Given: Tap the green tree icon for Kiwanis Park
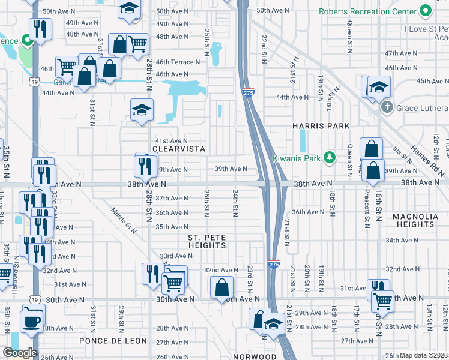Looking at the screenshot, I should click(328, 158).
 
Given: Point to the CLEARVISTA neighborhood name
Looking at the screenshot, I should click(179, 149).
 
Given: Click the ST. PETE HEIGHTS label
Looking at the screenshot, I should click(207, 241).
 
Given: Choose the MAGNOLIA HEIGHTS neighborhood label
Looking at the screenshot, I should click(417, 220).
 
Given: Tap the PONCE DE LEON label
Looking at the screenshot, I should click(113, 341).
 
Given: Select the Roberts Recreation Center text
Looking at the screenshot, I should click(367, 11).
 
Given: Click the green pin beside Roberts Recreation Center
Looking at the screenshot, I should click(426, 11).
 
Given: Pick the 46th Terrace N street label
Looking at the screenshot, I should click(178, 62).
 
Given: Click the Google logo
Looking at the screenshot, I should click(20, 353).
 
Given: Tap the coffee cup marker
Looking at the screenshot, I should click(32, 321).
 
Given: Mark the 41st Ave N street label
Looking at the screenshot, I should click(172, 140).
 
